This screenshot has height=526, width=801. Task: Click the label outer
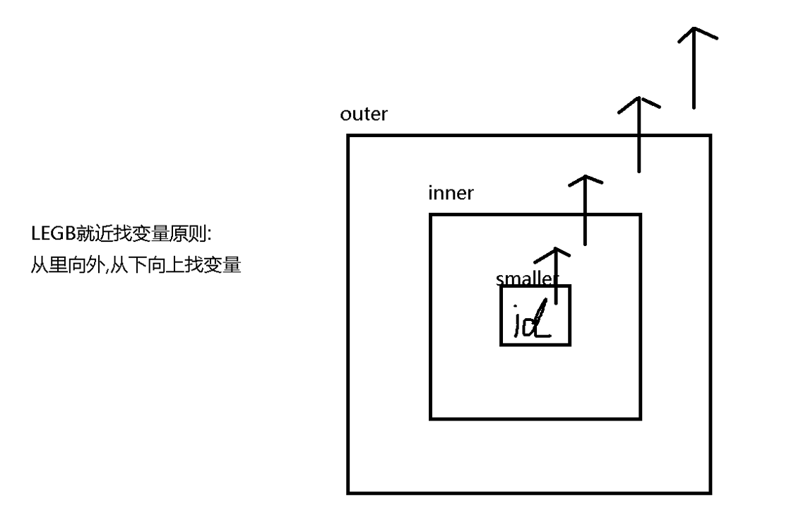363,115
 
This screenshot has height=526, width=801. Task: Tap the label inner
451,193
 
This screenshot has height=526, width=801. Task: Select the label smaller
527,278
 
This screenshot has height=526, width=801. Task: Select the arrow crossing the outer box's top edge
639,134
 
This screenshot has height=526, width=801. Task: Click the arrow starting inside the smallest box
557,276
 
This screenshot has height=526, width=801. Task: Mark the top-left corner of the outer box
348,136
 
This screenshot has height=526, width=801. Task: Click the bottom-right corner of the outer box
710,493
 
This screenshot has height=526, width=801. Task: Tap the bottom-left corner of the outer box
348,493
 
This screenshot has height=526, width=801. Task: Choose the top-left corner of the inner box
431,215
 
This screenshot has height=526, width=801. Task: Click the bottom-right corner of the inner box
640,419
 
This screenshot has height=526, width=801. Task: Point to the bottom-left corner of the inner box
431,419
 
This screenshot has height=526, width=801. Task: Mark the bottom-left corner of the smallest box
502,344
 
